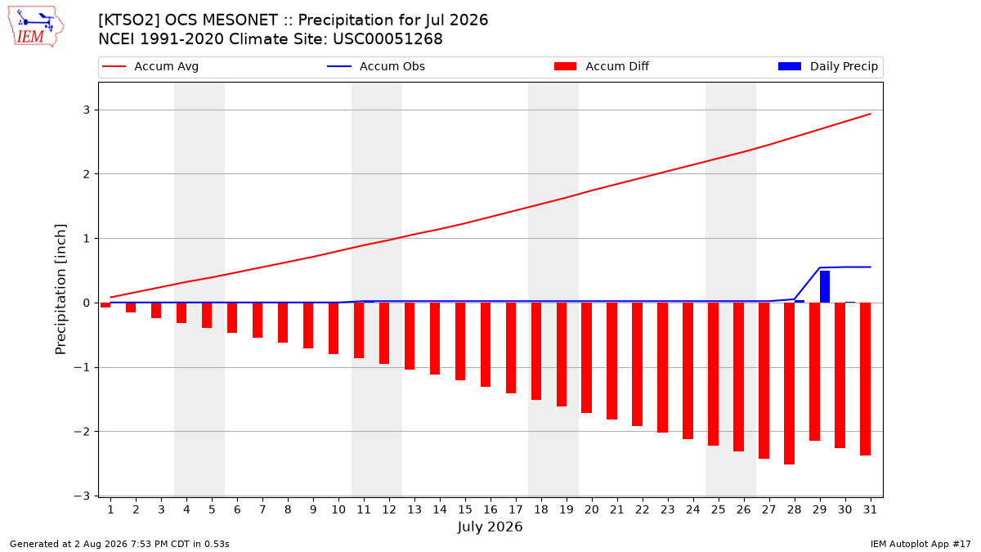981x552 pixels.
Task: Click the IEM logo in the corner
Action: coord(35,26)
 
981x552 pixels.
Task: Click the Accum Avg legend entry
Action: coord(150,66)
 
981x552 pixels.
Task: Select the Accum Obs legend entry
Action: coord(376,66)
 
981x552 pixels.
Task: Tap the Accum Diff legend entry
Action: coord(602,66)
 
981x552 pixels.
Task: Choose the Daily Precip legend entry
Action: coord(827,66)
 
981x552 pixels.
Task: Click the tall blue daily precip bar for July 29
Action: coord(825,286)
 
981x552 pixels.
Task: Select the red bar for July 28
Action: coord(789,384)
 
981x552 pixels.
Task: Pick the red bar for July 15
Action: coord(460,341)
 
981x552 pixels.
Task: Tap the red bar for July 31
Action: coord(865,379)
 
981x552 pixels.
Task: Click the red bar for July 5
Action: coord(207,316)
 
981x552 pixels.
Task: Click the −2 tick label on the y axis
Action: coord(82,432)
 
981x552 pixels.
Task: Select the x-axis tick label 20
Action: coord(592,509)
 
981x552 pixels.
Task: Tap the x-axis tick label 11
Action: coord(364,509)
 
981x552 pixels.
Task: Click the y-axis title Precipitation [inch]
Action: coord(60,289)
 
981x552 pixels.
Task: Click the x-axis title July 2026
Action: coord(490,527)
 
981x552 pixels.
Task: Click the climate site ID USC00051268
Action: coord(387,39)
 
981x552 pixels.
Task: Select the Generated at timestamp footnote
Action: coord(119,544)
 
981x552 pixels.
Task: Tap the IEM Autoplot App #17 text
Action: coord(921,544)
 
